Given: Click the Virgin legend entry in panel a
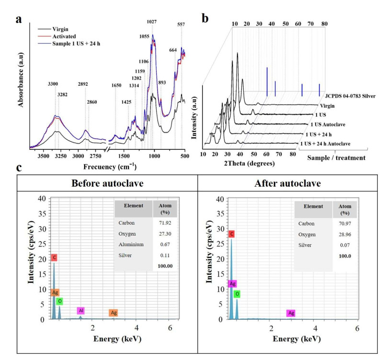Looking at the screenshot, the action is [x=60, y=29].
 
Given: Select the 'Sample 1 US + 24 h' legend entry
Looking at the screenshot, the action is [x=76, y=44].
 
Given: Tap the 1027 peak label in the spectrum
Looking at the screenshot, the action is [x=152, y=22].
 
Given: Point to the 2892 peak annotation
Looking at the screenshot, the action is [x=83, y=84].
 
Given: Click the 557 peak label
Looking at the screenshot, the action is [x=181, y=24].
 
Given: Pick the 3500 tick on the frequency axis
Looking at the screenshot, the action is [x=44, y=156].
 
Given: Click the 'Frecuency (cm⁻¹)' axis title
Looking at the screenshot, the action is [x=110, y=167].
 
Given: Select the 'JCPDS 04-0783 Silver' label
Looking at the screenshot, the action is [x=350, y=96].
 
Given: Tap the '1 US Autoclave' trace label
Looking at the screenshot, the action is [x=328, y=124].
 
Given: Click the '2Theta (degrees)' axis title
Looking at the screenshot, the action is [x=249, y=163].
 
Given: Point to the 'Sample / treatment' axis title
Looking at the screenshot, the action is [x=336, y=158].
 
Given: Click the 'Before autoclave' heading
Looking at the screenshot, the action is [x=107, y=183].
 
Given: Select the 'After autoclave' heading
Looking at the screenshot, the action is [x=287, y=183].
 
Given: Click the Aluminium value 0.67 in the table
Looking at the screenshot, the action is [x=165, y=245].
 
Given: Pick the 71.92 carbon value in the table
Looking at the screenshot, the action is [x=165, y=223].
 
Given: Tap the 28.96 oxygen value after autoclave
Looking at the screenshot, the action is [x=345, y=235].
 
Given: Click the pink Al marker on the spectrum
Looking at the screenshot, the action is [x=81, y=311].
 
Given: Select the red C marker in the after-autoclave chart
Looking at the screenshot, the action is [x=232, y=234].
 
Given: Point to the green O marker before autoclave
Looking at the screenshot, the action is [x=60, y=301].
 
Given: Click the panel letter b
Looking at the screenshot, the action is [x=205, y=19].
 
